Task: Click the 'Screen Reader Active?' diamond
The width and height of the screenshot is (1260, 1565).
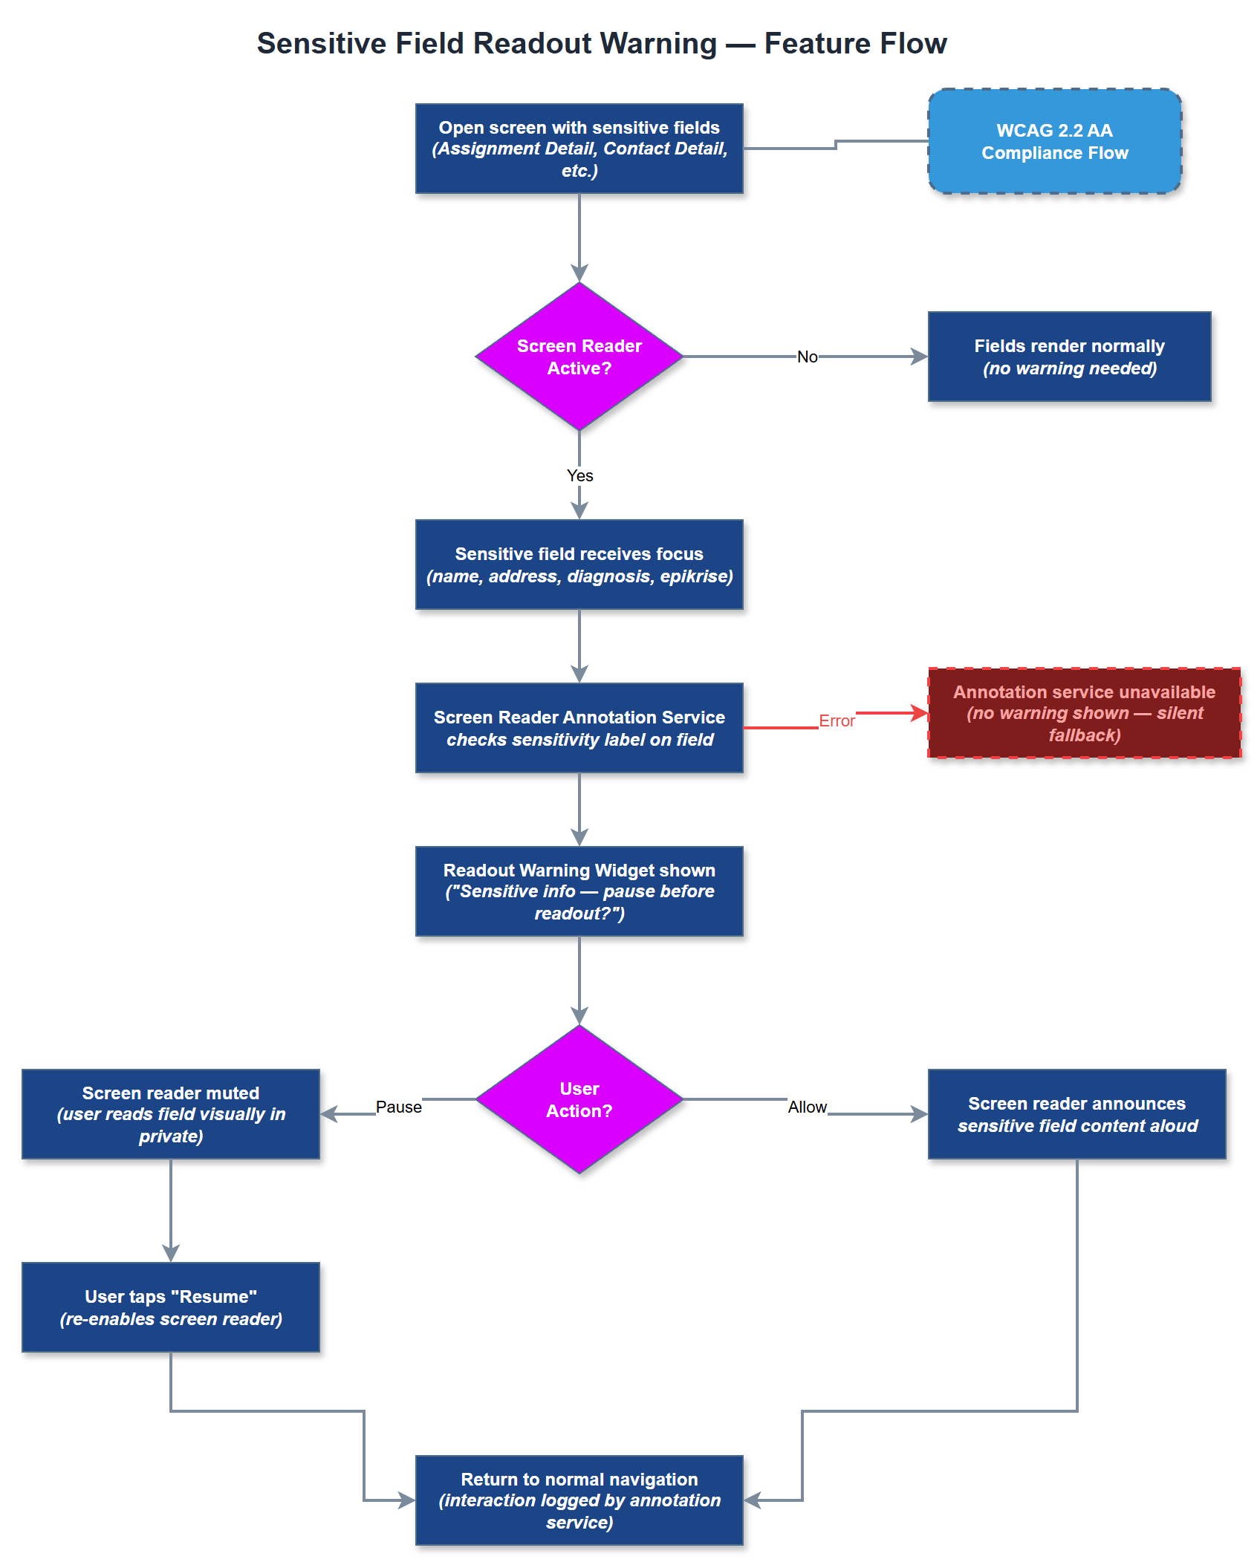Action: coord(579,357)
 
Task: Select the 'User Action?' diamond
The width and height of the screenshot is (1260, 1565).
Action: coord(579,1099)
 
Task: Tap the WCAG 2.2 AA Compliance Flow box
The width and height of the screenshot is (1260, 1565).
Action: coord(1054,141)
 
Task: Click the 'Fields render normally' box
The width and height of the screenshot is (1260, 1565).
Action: coord(1069,357)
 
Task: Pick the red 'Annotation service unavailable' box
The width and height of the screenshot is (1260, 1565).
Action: coord(1084,713)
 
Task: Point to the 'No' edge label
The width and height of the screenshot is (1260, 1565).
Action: coord(807,357)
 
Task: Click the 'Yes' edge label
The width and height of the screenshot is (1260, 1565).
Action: coord(579,475)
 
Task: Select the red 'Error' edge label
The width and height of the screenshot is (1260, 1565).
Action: coord(837,720)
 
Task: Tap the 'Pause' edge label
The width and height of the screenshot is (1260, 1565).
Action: coord(398,1107)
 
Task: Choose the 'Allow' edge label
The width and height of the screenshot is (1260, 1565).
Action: coord(807,1107)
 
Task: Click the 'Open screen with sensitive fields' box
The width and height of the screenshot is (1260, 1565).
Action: coord(579,149)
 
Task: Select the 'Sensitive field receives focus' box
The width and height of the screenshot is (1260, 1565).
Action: coord(579,564)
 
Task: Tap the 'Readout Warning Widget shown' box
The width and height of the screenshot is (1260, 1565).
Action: coord(579,891)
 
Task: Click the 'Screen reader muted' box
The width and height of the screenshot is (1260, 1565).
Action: coord(171,1114)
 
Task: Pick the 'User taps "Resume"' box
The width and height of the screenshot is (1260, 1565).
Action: coord(171,1307)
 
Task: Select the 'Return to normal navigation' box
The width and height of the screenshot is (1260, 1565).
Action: coord(579,1500)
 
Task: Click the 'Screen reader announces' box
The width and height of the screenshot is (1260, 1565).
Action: coord(1076,1114)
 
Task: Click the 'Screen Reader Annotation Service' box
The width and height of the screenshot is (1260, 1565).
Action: coord(579,728)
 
